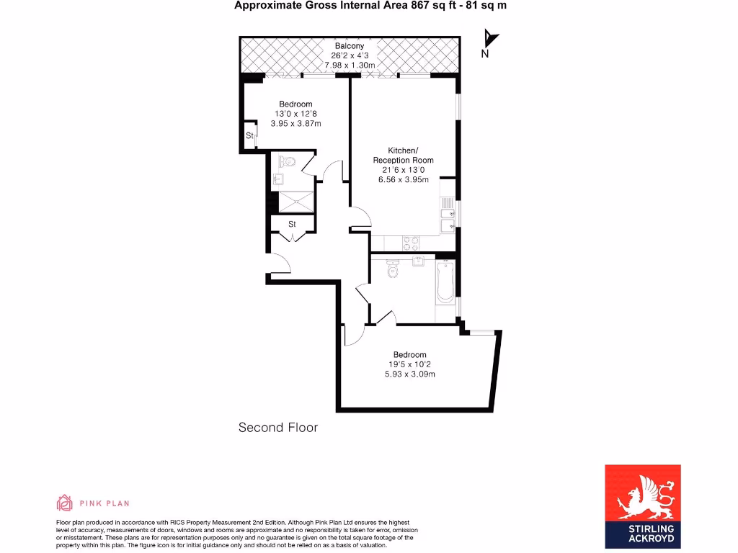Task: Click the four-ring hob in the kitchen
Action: [x=411, y=243]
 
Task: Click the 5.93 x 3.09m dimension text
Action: [x=409, y=374]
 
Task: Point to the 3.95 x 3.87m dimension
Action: [x=295, y=124]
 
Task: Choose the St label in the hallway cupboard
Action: [x=292, y=225]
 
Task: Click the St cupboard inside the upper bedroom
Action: [x=249, y=135]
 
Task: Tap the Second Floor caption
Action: [x=277, y=428]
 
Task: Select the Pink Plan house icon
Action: [x=65, y=503]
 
